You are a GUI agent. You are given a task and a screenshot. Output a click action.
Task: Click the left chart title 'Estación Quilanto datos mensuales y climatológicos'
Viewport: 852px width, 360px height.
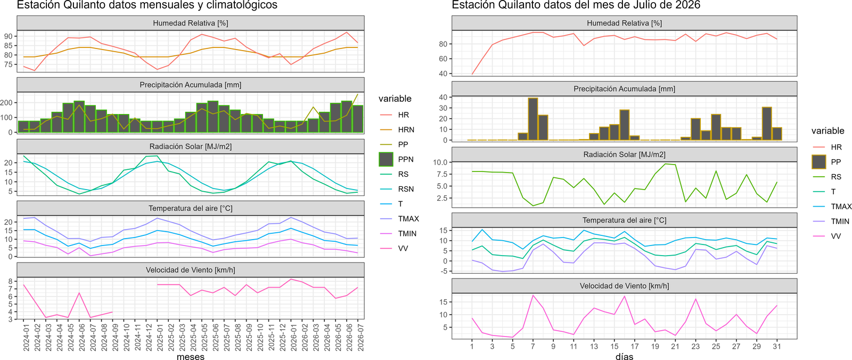pos(147,5)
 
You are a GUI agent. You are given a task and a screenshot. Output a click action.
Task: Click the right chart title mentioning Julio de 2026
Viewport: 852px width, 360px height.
pos(576,5)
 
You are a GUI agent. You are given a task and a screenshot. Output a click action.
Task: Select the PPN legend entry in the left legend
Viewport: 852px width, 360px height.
pos(396,159)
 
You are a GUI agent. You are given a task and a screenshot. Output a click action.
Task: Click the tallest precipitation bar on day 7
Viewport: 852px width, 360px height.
pos(533,119)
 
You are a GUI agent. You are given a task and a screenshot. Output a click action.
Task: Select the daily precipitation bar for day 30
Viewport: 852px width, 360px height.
pos(767,124)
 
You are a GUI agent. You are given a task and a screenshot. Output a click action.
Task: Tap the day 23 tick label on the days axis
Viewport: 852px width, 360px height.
pos(695,347)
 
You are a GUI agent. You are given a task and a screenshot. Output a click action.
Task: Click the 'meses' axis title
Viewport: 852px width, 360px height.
pos(191,356)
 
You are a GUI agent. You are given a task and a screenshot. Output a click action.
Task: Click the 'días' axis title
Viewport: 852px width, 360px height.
pos(624,356)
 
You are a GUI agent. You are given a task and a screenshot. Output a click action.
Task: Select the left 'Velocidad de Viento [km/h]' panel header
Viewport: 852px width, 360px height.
pos(191,270)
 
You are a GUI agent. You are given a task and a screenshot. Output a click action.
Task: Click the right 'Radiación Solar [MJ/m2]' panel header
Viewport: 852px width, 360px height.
pos(624,154)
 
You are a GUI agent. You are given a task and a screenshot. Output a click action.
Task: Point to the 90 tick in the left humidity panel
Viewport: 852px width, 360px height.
pos(9,37)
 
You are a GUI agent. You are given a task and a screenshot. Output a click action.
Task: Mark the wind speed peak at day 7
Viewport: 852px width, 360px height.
pos(533,296)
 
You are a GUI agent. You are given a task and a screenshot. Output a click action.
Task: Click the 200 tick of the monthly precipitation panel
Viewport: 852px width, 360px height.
pos(7,103)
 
